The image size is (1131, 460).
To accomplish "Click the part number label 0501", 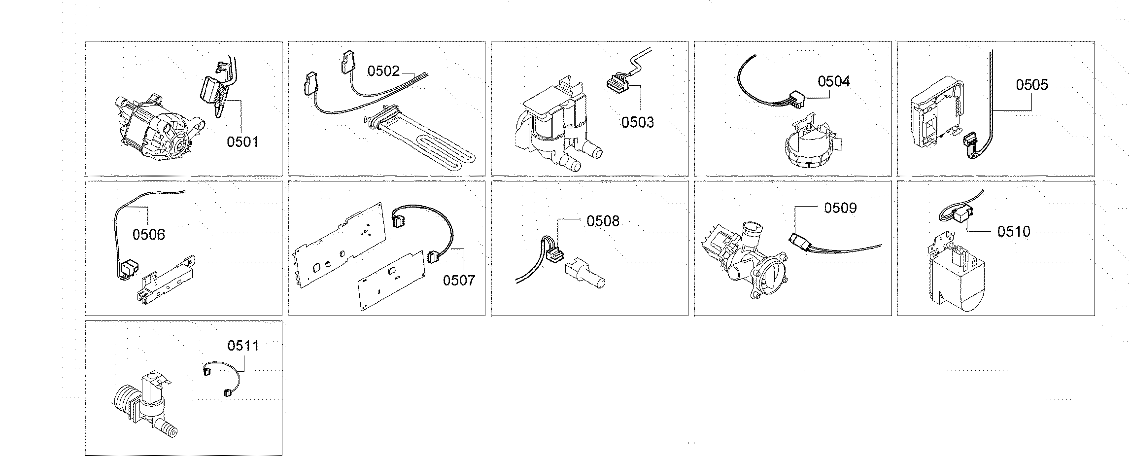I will (x=242, y=142).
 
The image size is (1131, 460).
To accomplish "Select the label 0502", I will (x=383, y=71).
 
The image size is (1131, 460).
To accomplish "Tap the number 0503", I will (x=637, y=122).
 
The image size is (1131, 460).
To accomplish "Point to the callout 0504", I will (x=834, y=81).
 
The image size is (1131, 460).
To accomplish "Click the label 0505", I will (x=1032, y=85).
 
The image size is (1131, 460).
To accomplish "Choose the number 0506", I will (x=148, y=235).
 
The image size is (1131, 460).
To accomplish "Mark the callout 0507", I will (x=459, y=281).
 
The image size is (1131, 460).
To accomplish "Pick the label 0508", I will (x=603, y=221).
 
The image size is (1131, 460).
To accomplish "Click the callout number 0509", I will (x=840, y=208).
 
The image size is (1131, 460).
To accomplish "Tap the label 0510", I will (x=1013, y=232).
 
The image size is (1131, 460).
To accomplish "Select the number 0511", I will (x=243, y=346).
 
